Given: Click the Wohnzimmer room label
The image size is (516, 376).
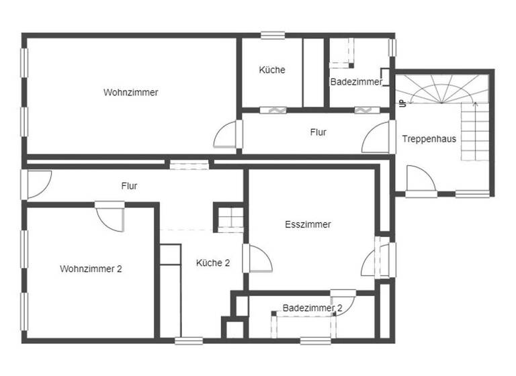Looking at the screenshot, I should (x=131, y=93).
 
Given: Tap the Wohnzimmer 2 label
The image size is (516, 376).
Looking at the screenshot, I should (x=91, y=269).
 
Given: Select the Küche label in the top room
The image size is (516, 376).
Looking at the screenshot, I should (x=272, y=70).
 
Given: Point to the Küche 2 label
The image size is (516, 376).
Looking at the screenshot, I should (x=213, y=263).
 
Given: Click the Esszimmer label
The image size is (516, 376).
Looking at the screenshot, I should (x=308, y=225).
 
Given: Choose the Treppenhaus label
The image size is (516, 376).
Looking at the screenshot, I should (x=429, y=139).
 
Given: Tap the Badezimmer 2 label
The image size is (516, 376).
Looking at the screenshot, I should (x=312, y=308).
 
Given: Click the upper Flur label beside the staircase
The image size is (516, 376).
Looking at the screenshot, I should (x=318, y=132).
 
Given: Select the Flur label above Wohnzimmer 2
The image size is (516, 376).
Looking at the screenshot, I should (x=130, y=186).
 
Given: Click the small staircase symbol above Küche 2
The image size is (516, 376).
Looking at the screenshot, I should (x=229, y=218).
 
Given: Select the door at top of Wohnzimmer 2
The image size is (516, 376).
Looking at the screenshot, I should (x=110, y=216).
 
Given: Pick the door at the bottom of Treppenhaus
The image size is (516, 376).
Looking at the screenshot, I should (x=421, y=180).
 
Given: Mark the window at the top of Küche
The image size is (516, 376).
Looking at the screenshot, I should (x=273, y=36).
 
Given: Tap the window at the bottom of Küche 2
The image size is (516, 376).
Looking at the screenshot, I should (x=189, y=340).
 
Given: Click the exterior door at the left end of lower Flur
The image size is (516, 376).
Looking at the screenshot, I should (x=37, y=183).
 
